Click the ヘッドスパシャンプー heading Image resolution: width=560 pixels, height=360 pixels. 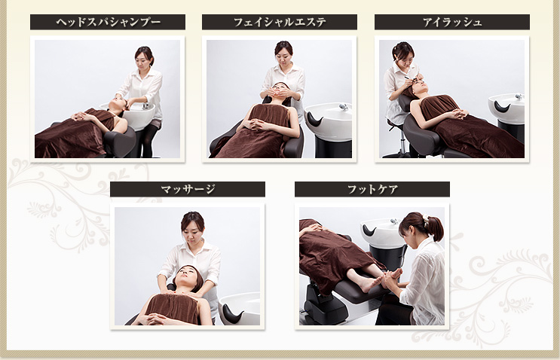point(109,22)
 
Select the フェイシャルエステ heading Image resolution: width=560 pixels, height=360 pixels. point(280,22)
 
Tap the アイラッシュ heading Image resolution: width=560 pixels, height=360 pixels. point(452,22)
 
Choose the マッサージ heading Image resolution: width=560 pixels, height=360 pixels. point(188,189)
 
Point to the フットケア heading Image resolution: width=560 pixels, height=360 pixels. point(372,189)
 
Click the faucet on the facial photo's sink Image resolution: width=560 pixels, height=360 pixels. point(344,107)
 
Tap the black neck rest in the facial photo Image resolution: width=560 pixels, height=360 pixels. point(314,120)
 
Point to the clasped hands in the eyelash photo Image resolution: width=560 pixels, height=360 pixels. point(457,114)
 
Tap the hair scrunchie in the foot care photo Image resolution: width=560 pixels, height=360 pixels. point(425,218)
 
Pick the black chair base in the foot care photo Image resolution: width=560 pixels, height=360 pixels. point(323,307)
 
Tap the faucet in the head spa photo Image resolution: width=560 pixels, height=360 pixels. point(145,106)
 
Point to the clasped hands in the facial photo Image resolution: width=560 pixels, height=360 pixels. point(258,124)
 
